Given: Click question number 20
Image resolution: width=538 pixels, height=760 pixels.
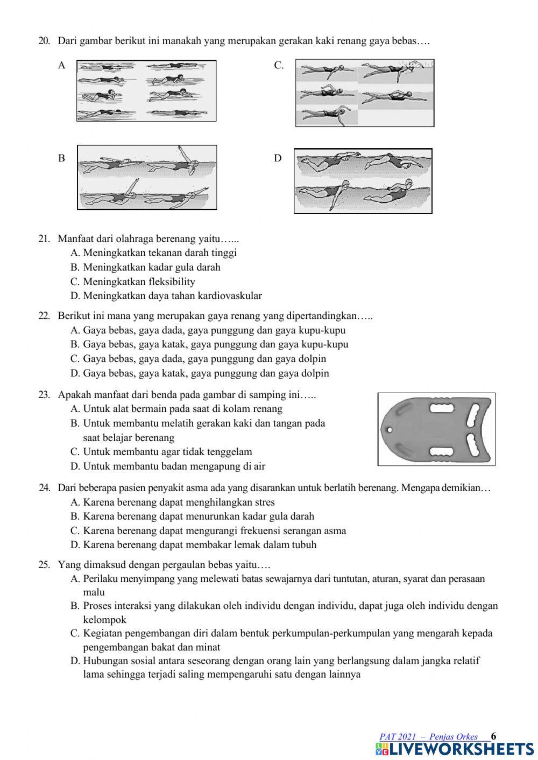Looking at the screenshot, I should [44, 41].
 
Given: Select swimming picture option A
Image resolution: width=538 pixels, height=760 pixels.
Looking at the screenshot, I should [146, 91].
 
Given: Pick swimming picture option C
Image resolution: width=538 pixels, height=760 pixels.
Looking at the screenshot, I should [365, 93].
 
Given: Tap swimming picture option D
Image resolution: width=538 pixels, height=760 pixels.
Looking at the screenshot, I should [363, 181].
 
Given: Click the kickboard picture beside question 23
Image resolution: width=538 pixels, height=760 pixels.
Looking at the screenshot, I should [436, 429].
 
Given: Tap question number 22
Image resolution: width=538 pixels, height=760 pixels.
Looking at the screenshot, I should [44, 316].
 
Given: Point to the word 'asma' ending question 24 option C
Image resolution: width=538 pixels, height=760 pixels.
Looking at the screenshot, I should [335, 530].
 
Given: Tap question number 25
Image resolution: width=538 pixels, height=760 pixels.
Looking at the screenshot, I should [44, 565].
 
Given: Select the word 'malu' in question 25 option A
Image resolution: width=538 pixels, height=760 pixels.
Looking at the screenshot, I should [94, 592].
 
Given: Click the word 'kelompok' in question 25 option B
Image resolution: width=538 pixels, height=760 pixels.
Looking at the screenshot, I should [105, 620].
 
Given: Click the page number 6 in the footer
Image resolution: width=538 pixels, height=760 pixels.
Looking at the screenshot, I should [494, 736].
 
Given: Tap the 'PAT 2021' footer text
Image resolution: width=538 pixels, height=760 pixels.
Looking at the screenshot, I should [398, 737].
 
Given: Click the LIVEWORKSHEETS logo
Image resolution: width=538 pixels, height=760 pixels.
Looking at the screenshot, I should [455, 749].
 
